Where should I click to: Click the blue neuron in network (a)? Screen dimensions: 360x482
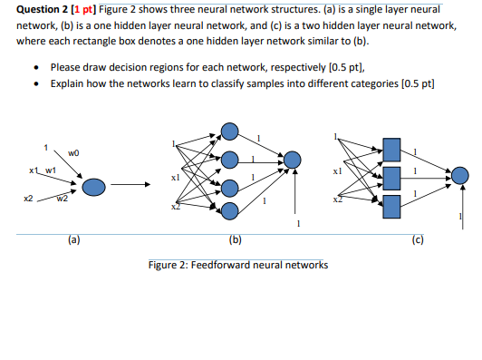[x=94, y=188]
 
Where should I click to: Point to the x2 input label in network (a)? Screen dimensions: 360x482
[x=28, y=198]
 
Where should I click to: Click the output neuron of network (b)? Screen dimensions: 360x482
[x=291, y=161]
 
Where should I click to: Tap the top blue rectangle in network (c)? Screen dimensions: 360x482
[x=391, y=148]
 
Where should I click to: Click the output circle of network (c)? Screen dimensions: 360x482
[x=460, y=174]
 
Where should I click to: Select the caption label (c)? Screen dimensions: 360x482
[x=416, y=240]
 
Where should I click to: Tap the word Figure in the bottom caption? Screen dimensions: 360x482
[x=166, y=265]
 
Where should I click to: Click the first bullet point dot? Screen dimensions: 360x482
[x=34, y=68]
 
